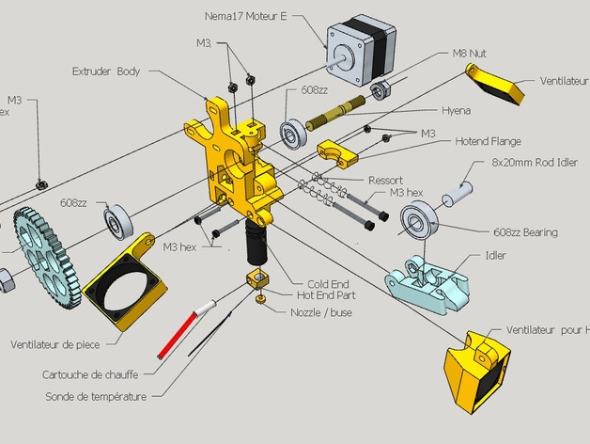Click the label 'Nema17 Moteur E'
pos(245,16)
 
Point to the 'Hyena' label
pos(456,109)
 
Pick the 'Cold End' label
pos(328,283)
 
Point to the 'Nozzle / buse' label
pos(321,312)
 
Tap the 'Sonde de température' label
pos(96,396)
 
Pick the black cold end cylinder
pos(256,243)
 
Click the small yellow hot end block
pos(256,280)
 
